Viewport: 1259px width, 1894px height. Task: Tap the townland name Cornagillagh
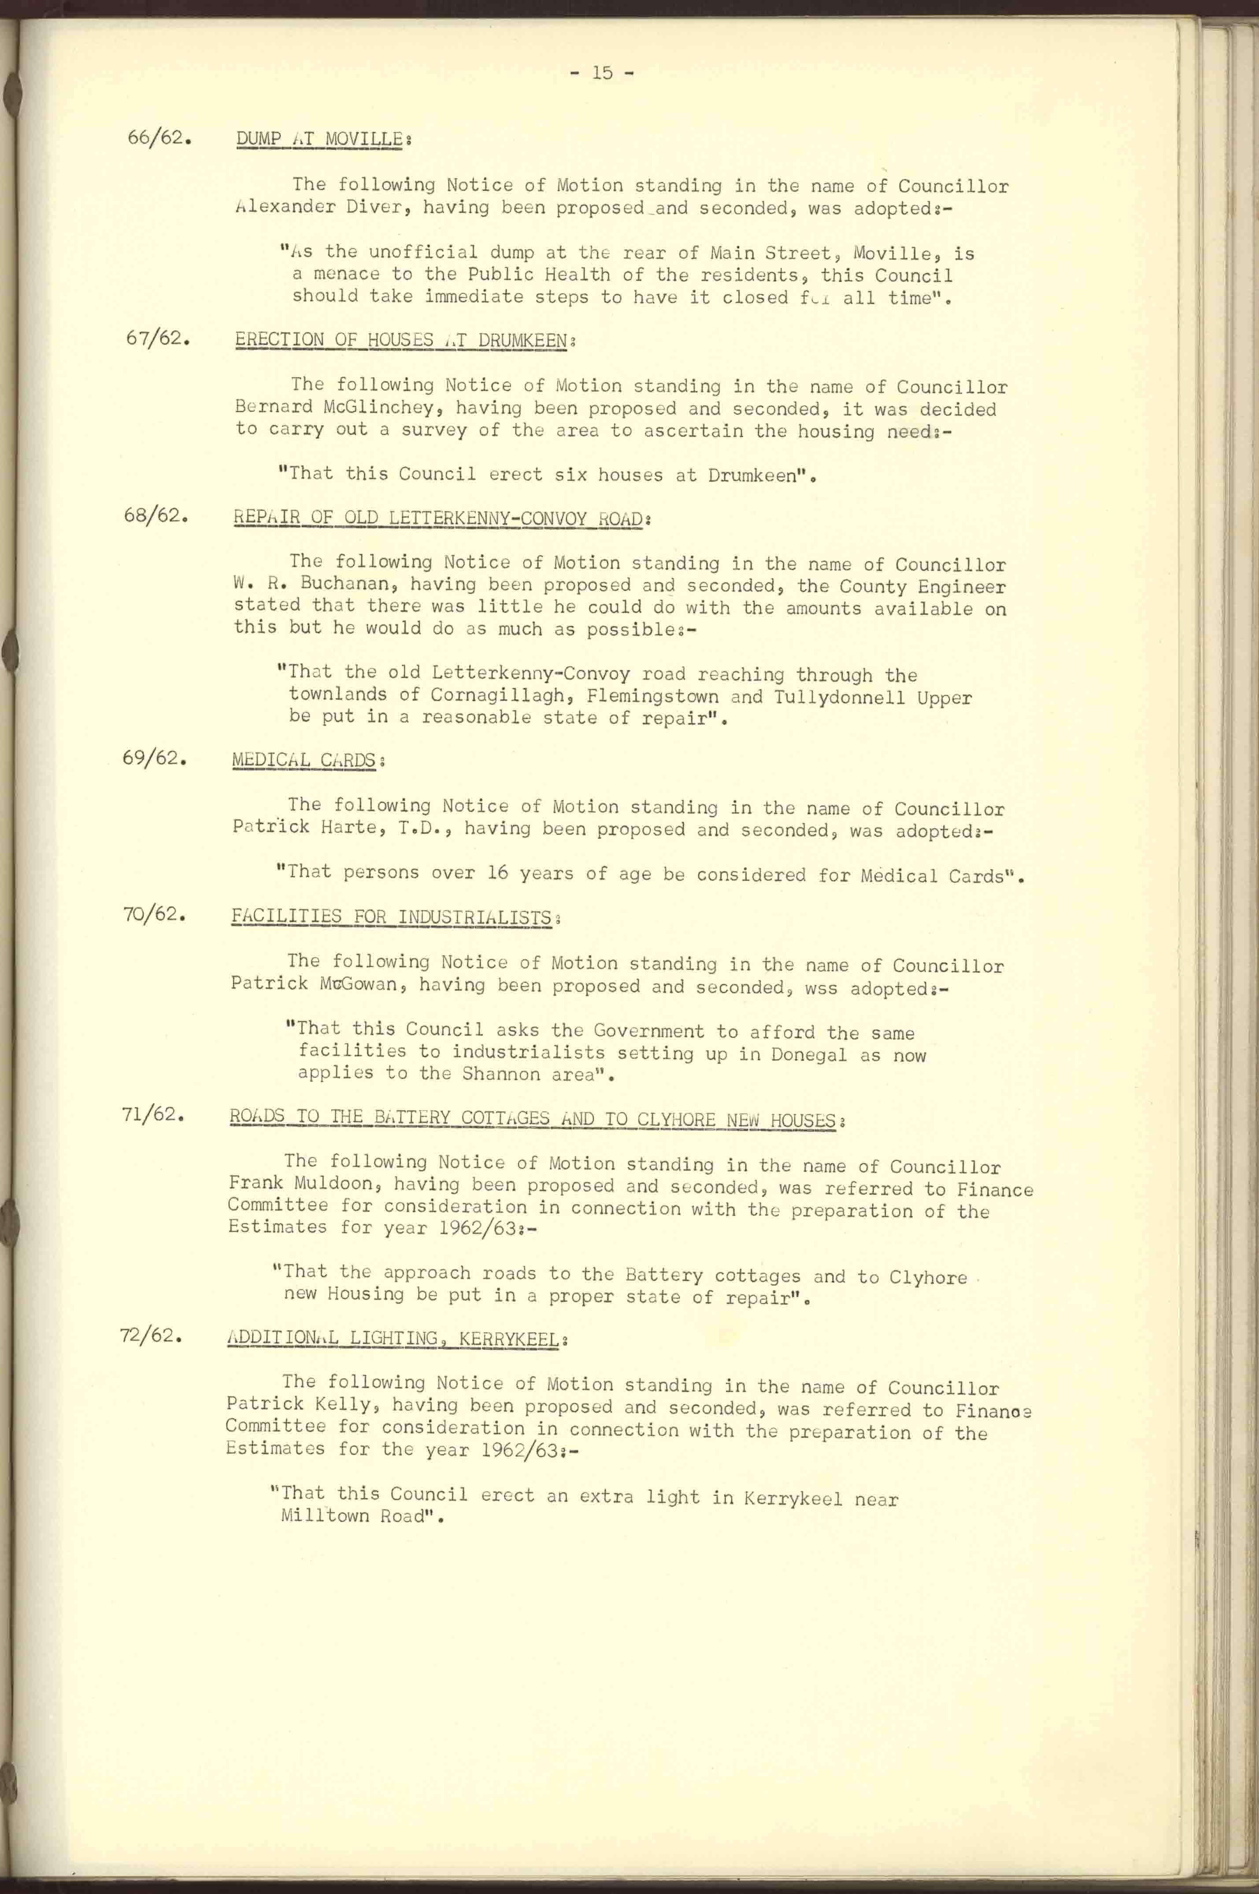498,695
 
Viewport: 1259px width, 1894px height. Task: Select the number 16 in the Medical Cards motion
498,873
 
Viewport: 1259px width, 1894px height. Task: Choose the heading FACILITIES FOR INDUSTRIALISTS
391,917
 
